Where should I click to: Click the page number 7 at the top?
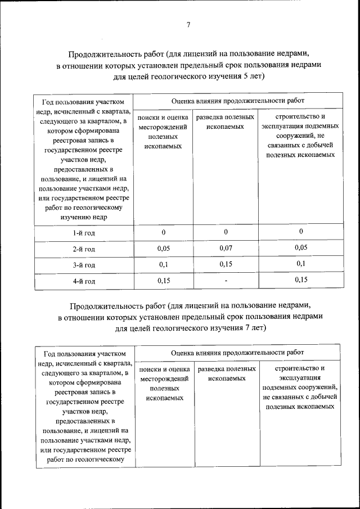pyautogui.click(x=188, y=25)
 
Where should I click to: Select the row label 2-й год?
pyautogui.click(x=83, y=249)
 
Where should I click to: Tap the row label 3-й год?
pyautogui.click(x=83, y=265)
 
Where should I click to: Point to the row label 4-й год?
pyautogui.click(x=83, y=281)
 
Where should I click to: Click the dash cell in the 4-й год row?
pyautogui.click(x=225, y=280)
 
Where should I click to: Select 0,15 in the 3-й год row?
pyautogui.click(x=225, y=264)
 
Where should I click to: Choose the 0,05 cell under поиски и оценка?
pyautogui.click(x=164, y=248)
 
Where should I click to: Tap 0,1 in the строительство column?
pyautogui.click(x=301, y=264)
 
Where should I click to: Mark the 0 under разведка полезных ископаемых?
pyautogui.click(x=225, y=232)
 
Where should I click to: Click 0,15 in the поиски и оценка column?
pyautogui.click(x=164, y=280)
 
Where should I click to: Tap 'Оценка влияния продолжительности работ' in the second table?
pyautogui.click(x=238, y=353)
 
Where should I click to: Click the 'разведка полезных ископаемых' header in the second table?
pyautogui.click(x=226, y=374)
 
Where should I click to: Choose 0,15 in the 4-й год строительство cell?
pyautogui.click(x=301, y=280)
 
